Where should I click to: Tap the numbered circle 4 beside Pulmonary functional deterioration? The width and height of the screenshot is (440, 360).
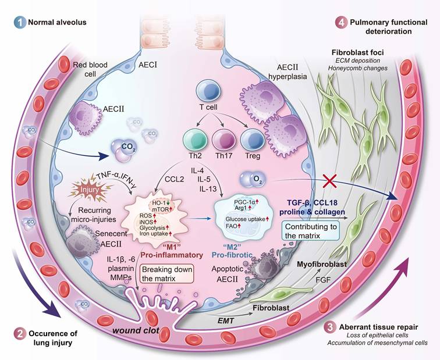pos(339,22)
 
